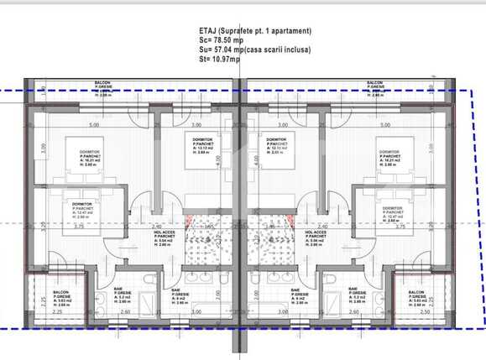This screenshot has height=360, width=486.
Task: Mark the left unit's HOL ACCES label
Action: coord(164,238)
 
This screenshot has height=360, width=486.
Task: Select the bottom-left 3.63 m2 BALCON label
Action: coord(60,299)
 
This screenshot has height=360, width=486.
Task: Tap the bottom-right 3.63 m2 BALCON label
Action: coord(416,299)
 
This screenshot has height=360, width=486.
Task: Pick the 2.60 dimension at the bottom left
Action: coord(123,313)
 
